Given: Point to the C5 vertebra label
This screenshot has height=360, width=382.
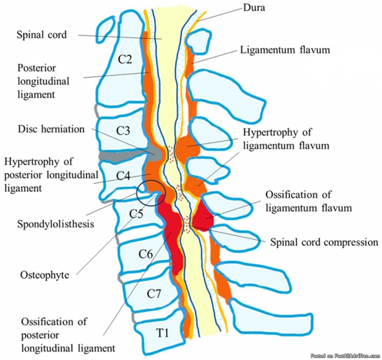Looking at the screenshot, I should coord(136,214).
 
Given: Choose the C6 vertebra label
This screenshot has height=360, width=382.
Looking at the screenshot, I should coord(146,253).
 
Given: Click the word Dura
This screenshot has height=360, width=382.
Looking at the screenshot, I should coord(254,8).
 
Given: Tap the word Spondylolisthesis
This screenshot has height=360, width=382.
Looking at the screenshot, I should coord(55,223).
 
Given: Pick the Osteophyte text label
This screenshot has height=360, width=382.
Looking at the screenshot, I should coord(44,275).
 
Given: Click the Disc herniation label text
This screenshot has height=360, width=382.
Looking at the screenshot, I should coord(51,129).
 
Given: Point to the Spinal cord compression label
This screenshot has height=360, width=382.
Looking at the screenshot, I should coord(324,242).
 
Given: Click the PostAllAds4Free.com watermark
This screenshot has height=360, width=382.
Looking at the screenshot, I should coord(345,356).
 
